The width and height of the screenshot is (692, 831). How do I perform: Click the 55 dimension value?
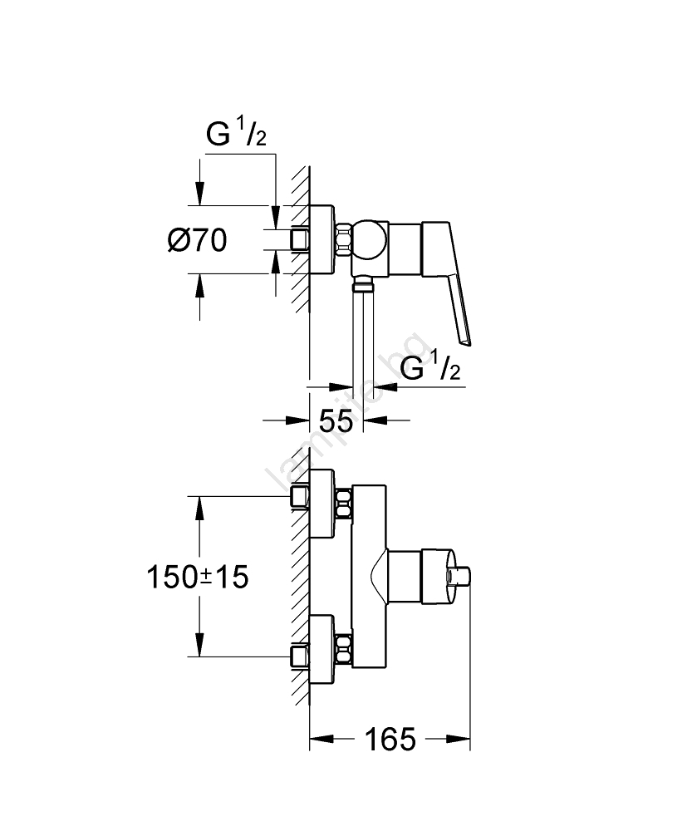[x=336, y=420]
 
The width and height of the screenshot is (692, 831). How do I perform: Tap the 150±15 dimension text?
[x=197, y=576]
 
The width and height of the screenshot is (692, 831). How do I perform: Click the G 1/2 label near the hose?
[x=430, y=368]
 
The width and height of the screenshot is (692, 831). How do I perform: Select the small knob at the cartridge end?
[x=462, y=577]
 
